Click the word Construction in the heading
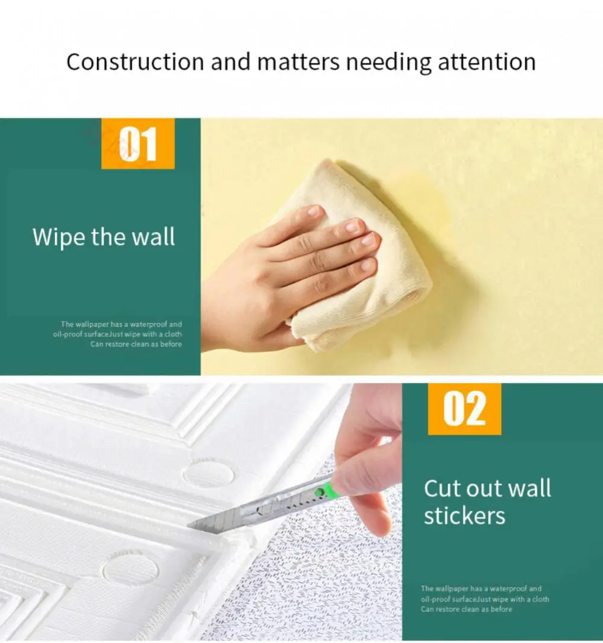pyautogui.click(x=135, y=62)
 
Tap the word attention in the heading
pyautogui.click(x=487, y=62)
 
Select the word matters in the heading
pyautogui.click(x=298, y=62)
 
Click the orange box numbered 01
pyautogui.click(x=138, y=143)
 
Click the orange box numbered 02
pyautogui.click(x=464, y=409)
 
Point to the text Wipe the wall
pyautogui.click(x=104, y=237)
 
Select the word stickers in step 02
pyautogui.click(x=464, y=516)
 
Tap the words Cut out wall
pyautogui.click(x=487, y=488)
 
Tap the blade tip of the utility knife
pyautogui.click(x=189, y=525)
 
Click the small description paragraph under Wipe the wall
pyautogui.click(x=118, y=334)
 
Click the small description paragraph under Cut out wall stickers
pyautogui.click(x=485, y=599)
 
